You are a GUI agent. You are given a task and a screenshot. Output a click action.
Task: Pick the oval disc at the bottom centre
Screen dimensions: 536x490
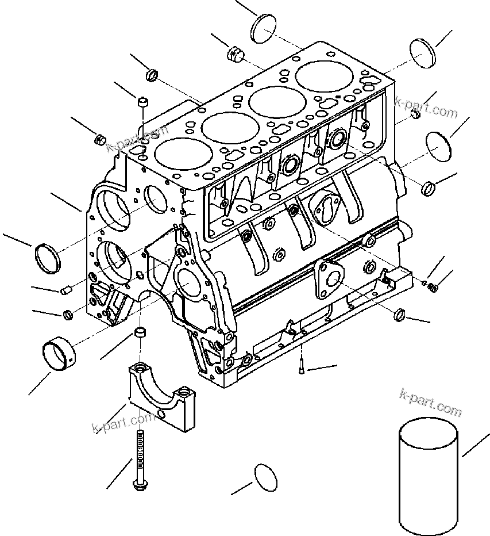click(x=265, y=477)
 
